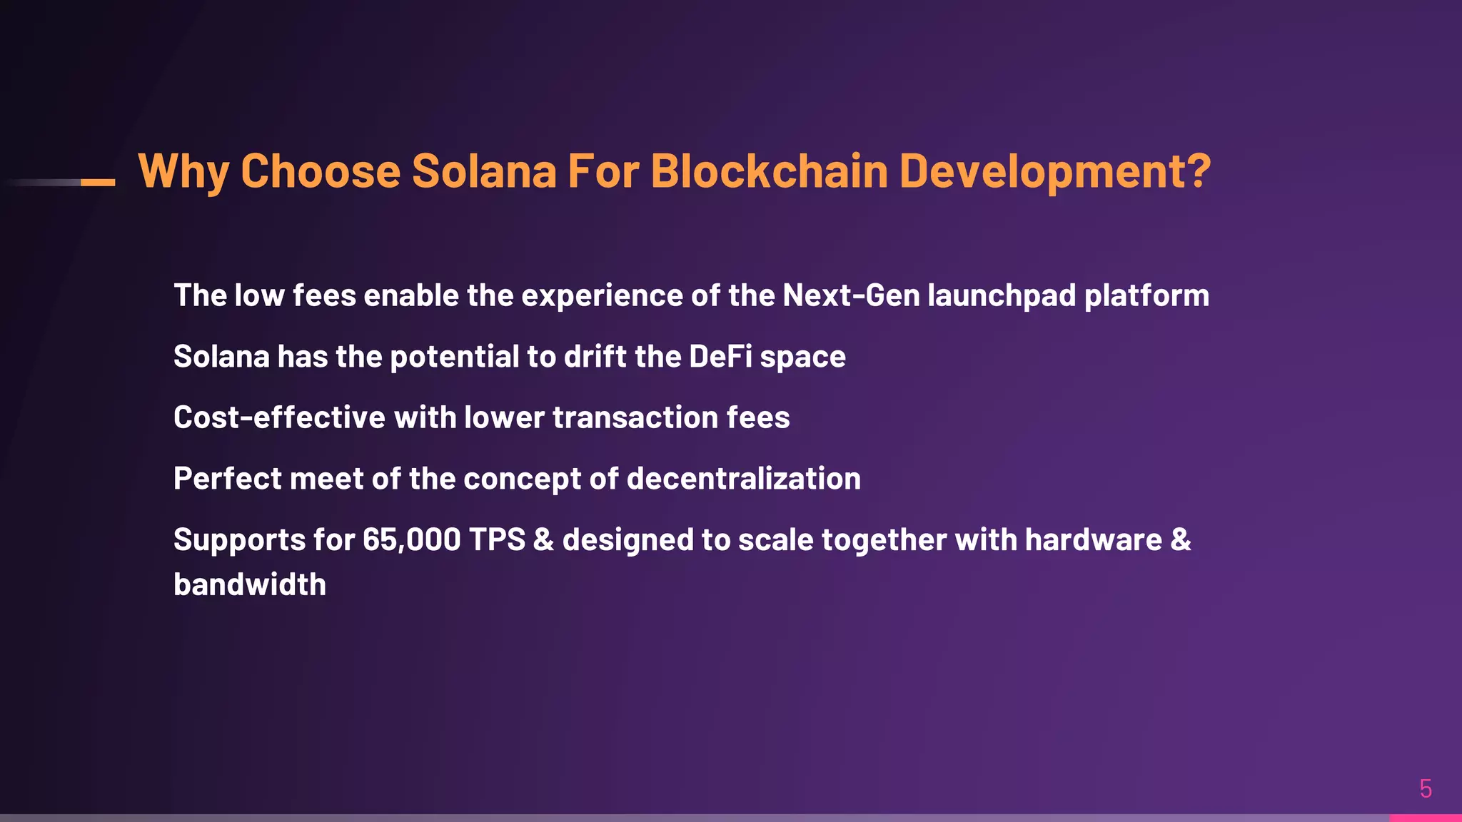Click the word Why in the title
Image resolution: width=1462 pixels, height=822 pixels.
point(183,171)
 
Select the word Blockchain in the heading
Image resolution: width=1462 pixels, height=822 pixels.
point(769,171)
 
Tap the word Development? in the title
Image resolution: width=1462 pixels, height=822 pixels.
point(1054,171)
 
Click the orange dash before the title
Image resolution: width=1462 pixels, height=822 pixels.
point(98,183)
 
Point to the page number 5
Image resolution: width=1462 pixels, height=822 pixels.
point(1426,788)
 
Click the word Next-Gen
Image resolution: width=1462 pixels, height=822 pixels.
point(851,295)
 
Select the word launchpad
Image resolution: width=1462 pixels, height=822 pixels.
point(1002,295)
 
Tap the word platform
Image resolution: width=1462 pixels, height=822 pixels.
point(1146,295)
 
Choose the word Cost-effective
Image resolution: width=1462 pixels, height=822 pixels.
point(279,417)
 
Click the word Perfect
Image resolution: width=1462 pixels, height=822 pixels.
point(228,479)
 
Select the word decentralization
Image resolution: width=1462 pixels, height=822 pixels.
point(743,479)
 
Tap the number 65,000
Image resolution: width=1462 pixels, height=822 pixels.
point(411,540)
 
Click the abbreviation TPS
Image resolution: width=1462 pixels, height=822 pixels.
point(497,540)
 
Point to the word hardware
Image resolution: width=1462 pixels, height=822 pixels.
point(1094,540)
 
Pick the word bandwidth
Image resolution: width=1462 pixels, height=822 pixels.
point(250,584)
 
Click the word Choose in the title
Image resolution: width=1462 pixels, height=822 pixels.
point(321,171)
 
